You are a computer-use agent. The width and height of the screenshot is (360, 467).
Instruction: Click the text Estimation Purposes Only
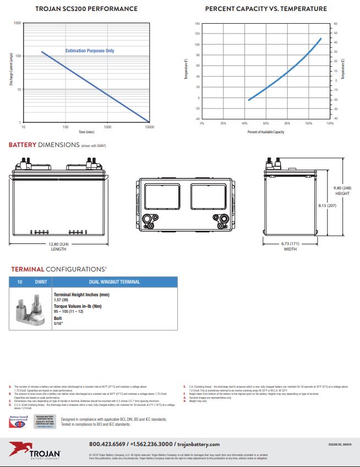pyautogui.click(x=90, y=51)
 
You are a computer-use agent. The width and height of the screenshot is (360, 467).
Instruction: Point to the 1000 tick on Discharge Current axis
pyautogui.click(x=17, y=23)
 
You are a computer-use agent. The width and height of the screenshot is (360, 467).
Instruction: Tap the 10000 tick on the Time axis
pyautogui.click(x=149, y=127)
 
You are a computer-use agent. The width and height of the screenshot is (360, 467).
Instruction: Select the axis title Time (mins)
pyautogui.click(x=86, y=132)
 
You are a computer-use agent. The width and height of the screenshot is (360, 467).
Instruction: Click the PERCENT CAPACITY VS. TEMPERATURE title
pyautogui.click(x=265, y=9)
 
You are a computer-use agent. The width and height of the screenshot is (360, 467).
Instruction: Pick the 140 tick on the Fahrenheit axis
pyautogui.click(x=197, y=24)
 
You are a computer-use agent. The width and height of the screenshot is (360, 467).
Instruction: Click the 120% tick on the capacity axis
pyautogui.click(x=330, y=124)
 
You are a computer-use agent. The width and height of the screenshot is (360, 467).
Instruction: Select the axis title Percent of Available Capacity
pyautogui.click(x=266, y=132)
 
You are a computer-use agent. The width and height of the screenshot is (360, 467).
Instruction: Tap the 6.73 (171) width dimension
pyautogui.click(x=290, y=244)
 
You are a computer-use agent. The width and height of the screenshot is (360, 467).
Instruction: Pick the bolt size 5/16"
pyautogui.click(x=58, y=323)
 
